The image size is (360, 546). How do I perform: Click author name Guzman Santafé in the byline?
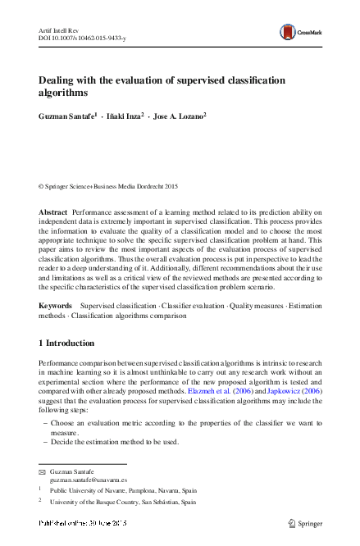point(67,118)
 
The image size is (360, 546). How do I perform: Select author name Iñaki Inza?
point(125,118)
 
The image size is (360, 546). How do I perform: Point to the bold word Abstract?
point(53,212)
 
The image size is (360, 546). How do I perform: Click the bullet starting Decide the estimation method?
point(115,441)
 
